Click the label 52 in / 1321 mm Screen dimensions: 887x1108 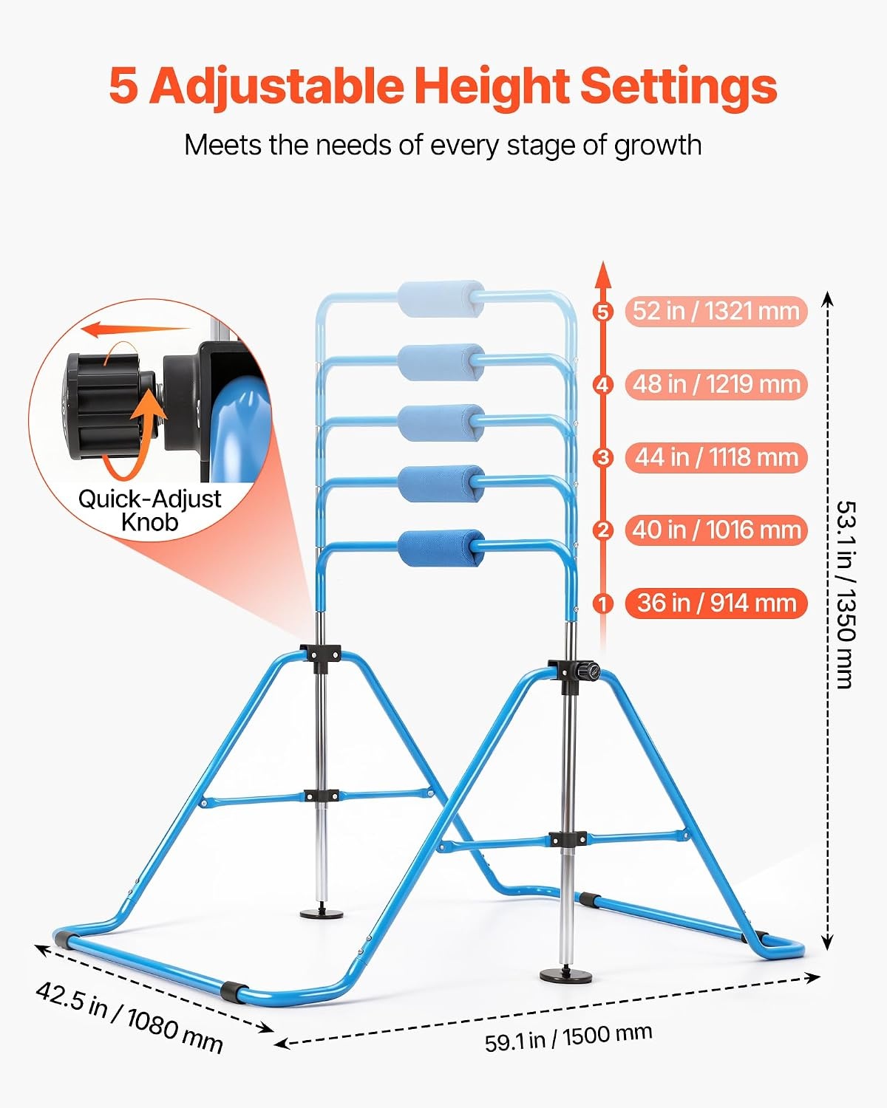coord(716,312)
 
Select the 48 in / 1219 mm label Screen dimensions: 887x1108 coord(716,385)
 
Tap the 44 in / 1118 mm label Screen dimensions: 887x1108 coord(716,458)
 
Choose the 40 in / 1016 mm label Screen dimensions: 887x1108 coord(716,530)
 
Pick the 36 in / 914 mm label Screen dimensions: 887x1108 coord(716,603)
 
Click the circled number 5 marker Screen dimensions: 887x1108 coord(603,312)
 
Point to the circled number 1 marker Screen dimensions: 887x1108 coord(603,603)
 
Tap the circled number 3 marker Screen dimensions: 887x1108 coord(603,458)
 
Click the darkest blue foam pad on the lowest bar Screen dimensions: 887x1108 coord(441,548)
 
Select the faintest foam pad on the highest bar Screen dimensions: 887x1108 coord(441,298)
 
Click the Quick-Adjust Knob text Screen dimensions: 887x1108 coord(149,510)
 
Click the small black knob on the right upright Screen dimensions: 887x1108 coord(589,671)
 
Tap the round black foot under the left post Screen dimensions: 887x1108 coord(322,914)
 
